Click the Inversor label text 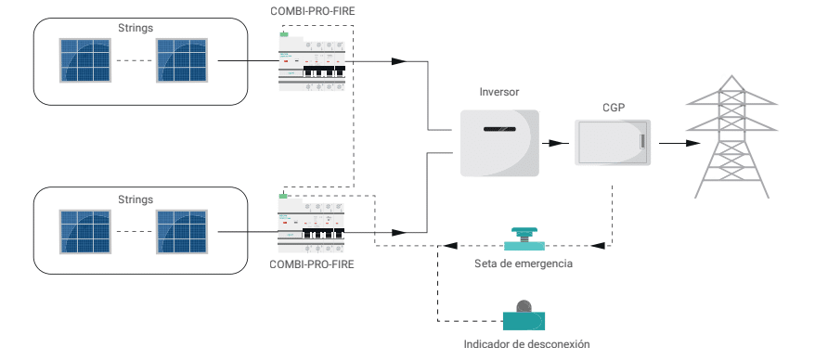pos(498,93)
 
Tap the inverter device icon pos(499,143)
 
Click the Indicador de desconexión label pos(526,344)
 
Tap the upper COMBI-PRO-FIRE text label pos(311,12)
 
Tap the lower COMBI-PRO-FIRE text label pos(311,265)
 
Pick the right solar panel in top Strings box pos(180,60)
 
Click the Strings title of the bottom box pos(136,199)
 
